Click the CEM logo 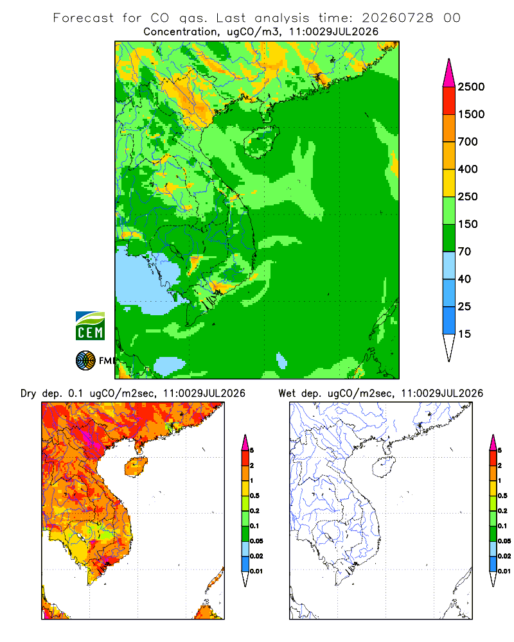coord(90,325)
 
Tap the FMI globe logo coord(85,360)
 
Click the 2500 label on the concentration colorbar coord(471,87)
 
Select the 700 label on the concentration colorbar coord(468,142)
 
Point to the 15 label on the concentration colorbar coord(465,334)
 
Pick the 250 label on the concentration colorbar coord(468,196)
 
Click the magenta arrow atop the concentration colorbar coord(449,73)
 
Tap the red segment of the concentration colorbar coord(449,101)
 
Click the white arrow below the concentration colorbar coord(449,347)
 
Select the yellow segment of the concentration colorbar coord(449,183)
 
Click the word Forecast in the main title coord(84,18)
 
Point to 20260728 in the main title coord(397,18)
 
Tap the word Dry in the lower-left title coord(28,394)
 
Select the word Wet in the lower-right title coord(287,394)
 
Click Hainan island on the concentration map coord(261,142)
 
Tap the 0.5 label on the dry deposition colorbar coord(254,496)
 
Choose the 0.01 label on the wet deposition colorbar coord(504,571)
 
